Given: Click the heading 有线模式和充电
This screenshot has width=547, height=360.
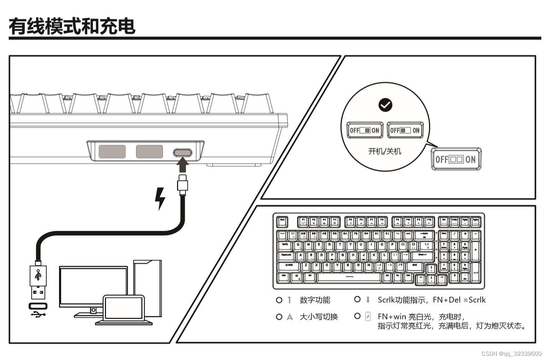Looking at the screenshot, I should pyautogui.click(x=72, y=26).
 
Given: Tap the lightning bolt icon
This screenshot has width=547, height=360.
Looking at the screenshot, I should pyautogui.click(x=160, y=199).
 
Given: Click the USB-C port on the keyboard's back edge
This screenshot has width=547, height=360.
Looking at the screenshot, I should pyautogui.click(x=182, y=153).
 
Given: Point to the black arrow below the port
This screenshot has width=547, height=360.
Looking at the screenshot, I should pyautogui.click(x=182, y=165).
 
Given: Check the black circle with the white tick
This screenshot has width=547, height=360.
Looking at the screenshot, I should pyautogui.click(x=385, y=105).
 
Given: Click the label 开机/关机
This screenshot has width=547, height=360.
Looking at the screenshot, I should pyautogui.click(x=385, y=152).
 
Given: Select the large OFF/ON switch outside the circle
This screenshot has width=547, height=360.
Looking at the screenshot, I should pyautogui.click(x=456, y=159).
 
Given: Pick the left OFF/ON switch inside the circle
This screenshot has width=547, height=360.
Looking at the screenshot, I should pyautogui.click(x=365, y=130).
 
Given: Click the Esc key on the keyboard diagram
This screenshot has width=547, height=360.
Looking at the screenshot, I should pyautogui.click(x=282, y=222).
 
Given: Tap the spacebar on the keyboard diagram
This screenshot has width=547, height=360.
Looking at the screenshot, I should pyautogui.click(x=349, y=277).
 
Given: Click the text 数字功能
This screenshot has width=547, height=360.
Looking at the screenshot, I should pyautogui.click(x=315, y=300).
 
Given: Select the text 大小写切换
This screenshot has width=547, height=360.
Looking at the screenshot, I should pyautogui.click(x=319, y=317).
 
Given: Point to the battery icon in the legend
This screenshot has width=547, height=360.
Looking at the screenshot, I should pyautogui.click(x=368, y=316).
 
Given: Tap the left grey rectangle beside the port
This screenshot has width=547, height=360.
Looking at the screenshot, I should pyautogui.click(x=112, y=152).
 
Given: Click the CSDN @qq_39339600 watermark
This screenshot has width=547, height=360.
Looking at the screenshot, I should pyautogui.click(x=511, y=354).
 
